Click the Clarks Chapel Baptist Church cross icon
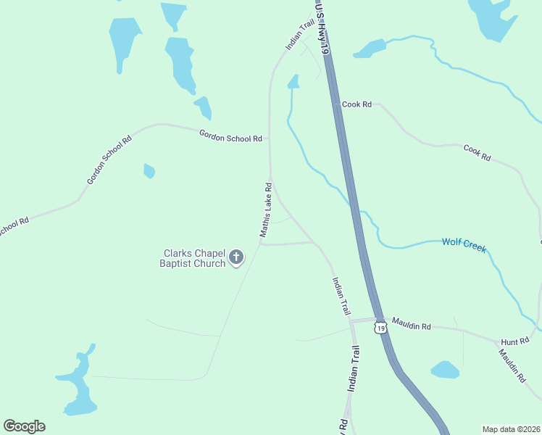click(x=236, y=257)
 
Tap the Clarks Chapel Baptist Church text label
click(x=193, y=258)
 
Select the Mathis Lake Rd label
click(x=266, y=210)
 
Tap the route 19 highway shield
click(x=381, y=328)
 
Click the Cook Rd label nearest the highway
click(x=357, y=104)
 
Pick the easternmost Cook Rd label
click(x=477, y=152)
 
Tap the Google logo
click(x=24, y=426)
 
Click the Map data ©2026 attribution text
click(x=511, y=428)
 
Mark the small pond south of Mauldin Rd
click(x=445, y=370)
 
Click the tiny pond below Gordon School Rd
click(x=149, y=171)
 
